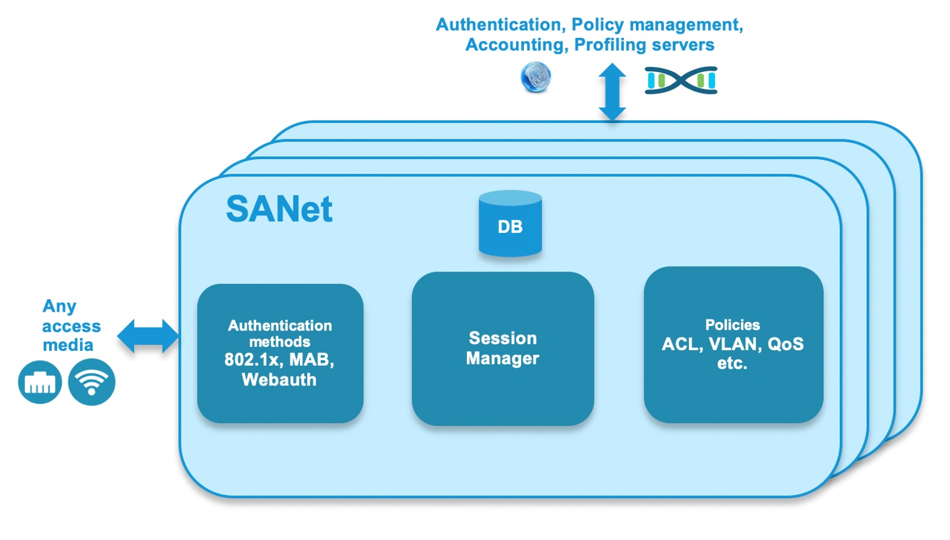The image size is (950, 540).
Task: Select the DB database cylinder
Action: pyautogui.click(x=510, y=224)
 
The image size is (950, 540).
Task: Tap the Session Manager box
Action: pyautogui.click(x=502, y=349)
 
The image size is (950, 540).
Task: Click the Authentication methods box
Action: pyautogui.click(x=280, y=353)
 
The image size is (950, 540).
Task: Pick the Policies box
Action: pyautogui.click(x=733, y=344)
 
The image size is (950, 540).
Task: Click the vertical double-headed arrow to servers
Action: pyautogui.click(x=612, y=92)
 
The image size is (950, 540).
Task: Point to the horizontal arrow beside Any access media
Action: pyautogui.click(x=148, y=337)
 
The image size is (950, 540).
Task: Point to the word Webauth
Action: pyautogui.click(x=279, y=380)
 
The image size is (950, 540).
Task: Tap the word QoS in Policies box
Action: pyautogui.click(x=785, y=344)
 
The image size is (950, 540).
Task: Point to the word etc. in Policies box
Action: pyautogui.click(x=732, y=364)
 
